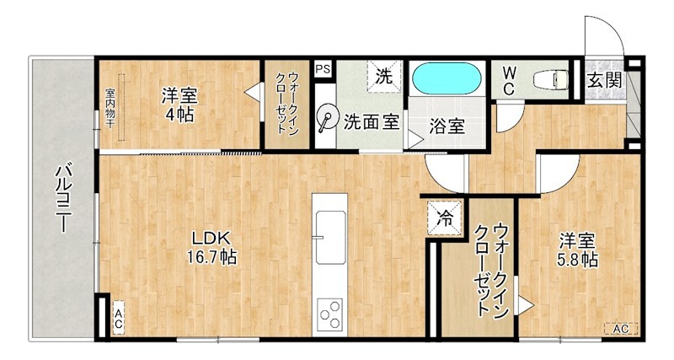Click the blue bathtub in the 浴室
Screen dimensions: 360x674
click(447, 81)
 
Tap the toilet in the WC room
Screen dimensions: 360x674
click(552, 81)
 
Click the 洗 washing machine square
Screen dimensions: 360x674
click(383, 75)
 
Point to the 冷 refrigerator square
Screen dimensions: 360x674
click(443, 217)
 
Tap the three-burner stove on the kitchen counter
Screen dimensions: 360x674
click(329, 314)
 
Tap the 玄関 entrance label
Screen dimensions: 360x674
click(604, 81)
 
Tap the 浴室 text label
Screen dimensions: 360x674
click(447, 127)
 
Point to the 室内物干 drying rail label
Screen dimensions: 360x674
click(110, 107)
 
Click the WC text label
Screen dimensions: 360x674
click(511, 81)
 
